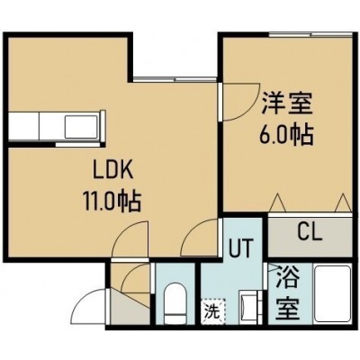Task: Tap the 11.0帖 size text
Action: click(112, 202)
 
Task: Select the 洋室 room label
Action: click(287, 103)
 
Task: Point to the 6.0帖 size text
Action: click(286, 135)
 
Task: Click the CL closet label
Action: click(310, 231)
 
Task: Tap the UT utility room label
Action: click(241, 247)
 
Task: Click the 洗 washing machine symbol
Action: click(213, 311)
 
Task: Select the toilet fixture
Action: click(175, 303)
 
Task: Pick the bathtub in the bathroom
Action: click(332, 294)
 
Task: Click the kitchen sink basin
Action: click(81, 126)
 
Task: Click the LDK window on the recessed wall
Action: click(175, 79)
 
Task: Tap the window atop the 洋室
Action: click(310, 34)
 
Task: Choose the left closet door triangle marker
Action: click(277, 203)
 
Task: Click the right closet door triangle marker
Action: click(342, 203)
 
